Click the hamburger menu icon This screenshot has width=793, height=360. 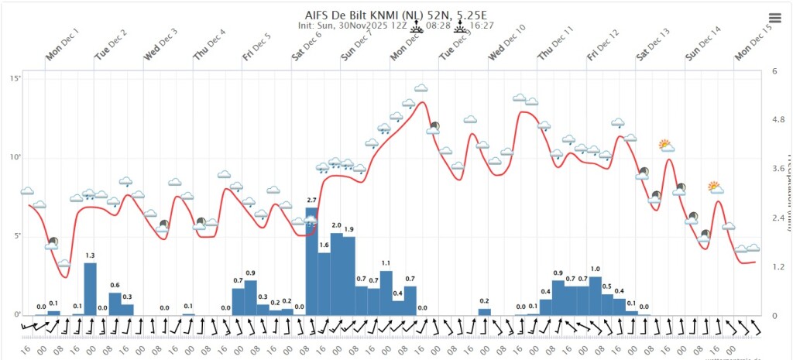[774, 19]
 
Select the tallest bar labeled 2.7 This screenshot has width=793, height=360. [311, 262]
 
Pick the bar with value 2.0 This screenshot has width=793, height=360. [336, 273]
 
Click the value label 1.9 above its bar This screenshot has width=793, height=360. [348, 230]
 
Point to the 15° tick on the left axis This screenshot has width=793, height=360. [16, 79]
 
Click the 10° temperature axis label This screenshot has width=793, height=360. [16, 158]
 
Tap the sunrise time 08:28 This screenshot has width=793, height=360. [438, 25]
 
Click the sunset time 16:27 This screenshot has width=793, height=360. [482, 25]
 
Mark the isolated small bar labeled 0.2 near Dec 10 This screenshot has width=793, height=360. [484, 312]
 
